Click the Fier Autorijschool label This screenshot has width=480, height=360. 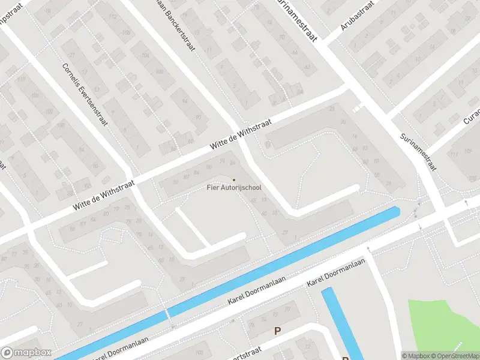[234, 188]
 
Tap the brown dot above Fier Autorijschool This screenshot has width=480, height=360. [234, 179]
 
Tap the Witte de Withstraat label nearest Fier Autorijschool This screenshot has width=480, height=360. [241, 134]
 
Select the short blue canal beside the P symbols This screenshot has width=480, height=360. [343, 324]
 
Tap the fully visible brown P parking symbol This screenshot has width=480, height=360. [277, 331]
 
